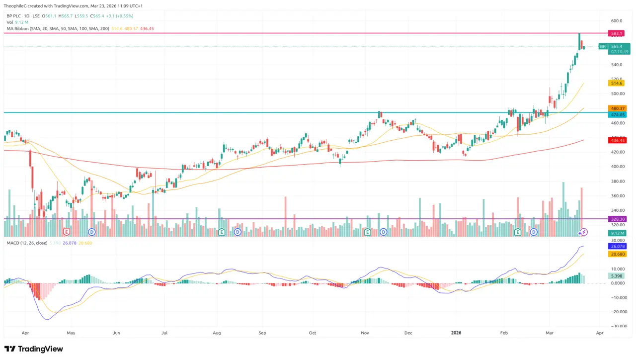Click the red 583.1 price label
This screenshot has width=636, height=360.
[617, 33]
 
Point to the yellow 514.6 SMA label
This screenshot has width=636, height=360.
[617, 84]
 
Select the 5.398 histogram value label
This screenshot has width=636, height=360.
[617, 276]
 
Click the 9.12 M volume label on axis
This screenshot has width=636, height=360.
[617, 233]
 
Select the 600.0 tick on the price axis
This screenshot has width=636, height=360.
[617, 21]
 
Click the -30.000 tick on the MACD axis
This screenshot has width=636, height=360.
[617, 326]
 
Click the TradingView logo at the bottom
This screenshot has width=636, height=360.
[34, 349]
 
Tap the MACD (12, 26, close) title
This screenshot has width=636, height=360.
[27, 243]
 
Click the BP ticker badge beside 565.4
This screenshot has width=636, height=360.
[602, 46]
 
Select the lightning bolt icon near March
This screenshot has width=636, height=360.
[583, 232]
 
